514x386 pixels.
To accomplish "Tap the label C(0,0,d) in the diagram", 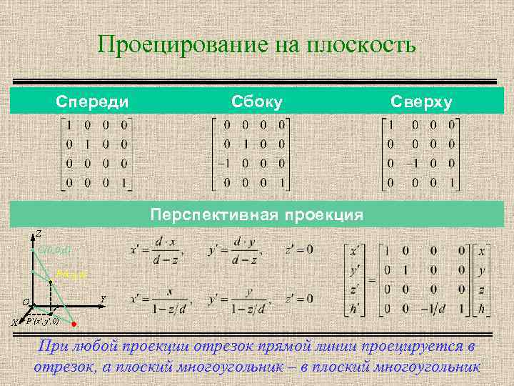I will coord(54,249).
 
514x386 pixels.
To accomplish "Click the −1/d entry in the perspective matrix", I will coord(440,308).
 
